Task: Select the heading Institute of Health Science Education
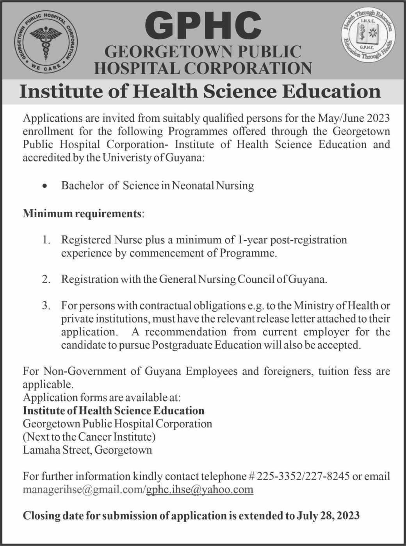(x=200, y=91)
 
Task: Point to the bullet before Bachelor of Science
(x=46, y=186)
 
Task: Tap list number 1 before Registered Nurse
(x=46, y=239)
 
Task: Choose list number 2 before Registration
(x=46, y=279)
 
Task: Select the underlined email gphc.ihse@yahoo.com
(x=200, y=489)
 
